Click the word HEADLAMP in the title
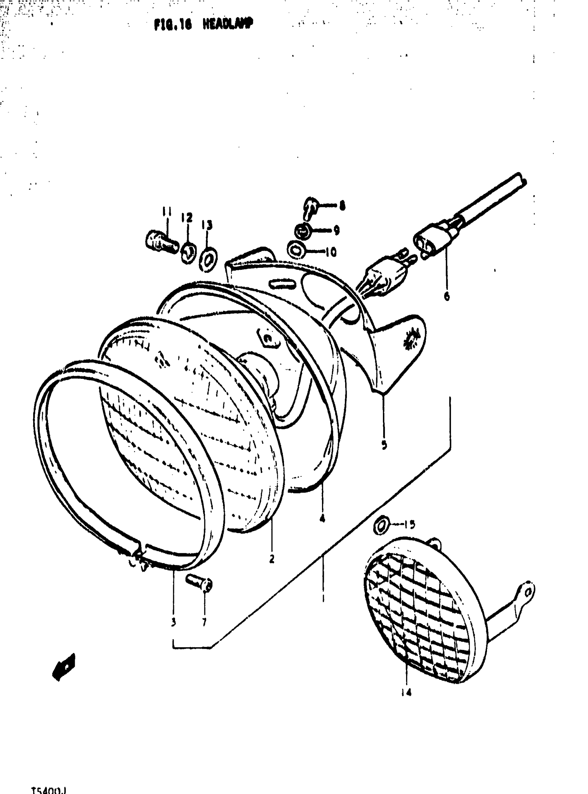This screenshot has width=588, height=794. [x=228, y=24]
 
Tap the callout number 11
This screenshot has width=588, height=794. [x=166, y=212]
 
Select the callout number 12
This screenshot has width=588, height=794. [x=187, y=218]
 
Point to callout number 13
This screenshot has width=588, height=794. [x=207, y=225]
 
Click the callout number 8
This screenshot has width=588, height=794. [x=342, y=206]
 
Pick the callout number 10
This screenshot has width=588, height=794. [x=331, y=252]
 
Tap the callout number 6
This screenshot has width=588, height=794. [x=447, y=296]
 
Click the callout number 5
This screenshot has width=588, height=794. [x=384, y=445]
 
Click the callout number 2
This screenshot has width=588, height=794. [x=272, y=559]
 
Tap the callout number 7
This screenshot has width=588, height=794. [x=204, y=622]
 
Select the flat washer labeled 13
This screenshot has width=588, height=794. [x=209, y=260]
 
